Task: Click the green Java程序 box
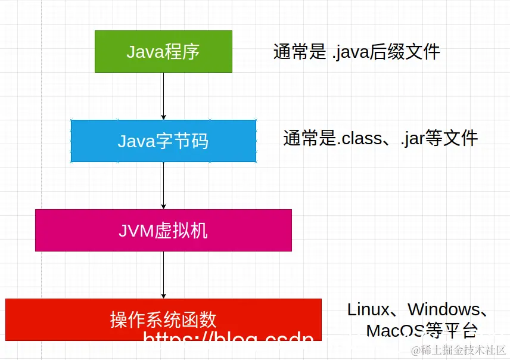point(163,52)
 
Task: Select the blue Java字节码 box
point(163,141)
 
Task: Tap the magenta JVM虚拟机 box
point(163,230)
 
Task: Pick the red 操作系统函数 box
point(163,319)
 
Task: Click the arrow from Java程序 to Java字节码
point(163,96)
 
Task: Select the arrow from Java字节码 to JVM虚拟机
point(163,185)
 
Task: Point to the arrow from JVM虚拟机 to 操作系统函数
point(163,275)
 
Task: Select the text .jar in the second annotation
point(412,139)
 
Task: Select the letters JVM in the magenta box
point(136,230)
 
